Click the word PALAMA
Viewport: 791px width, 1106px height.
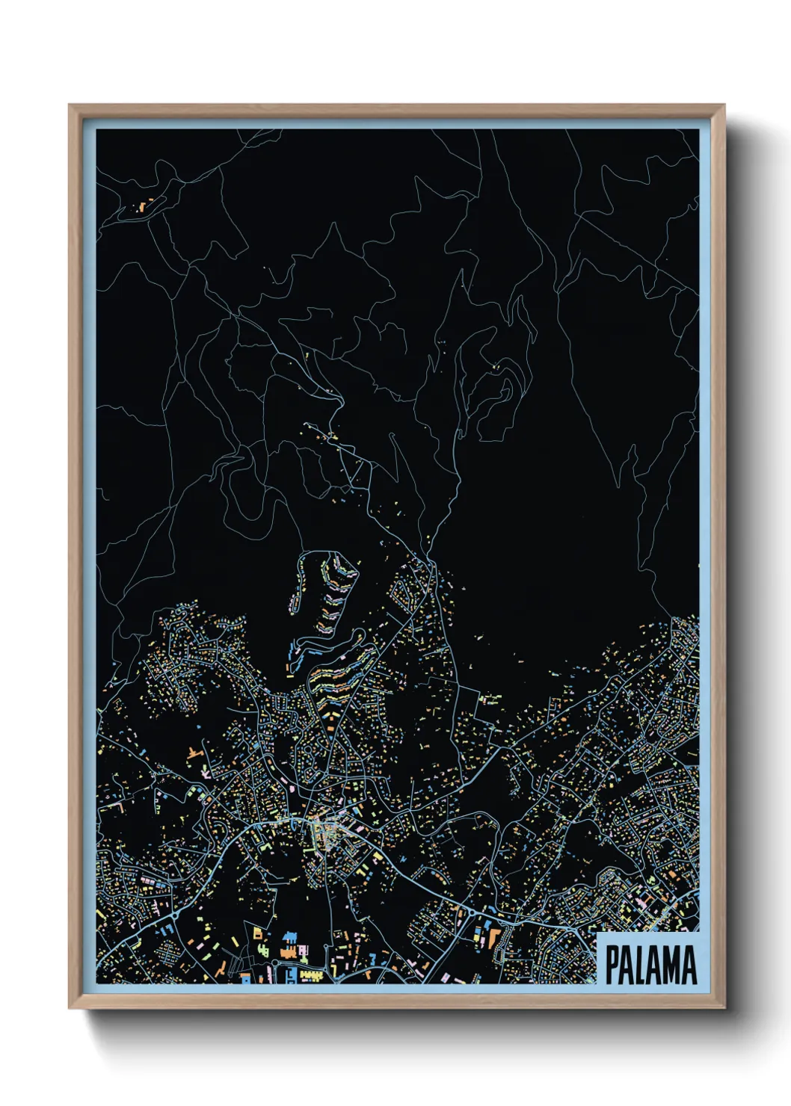click(650, 965)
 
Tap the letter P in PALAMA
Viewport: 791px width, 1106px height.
click(612, 965)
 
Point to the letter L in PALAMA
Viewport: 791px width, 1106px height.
click(642, 965)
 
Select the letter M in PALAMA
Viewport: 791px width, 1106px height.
click(670, 965)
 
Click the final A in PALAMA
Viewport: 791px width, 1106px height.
click(689, 965)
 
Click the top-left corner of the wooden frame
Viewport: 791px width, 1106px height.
click(70, 106)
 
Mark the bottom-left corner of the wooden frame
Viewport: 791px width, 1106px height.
click(70, 1007)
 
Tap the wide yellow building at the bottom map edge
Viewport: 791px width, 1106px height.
click(311, 975)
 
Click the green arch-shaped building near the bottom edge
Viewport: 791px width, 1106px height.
click(262, 948)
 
